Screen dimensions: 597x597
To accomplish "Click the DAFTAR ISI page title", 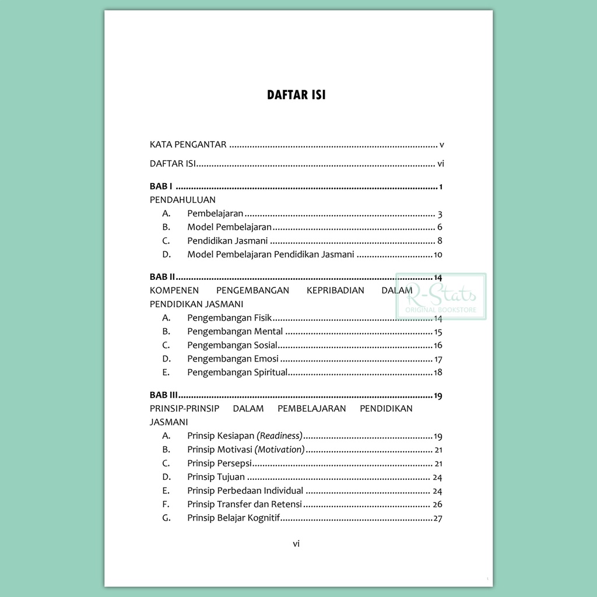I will pos(296,95).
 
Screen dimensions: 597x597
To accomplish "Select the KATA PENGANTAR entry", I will pos(188,145).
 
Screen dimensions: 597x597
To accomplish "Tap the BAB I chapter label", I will pos(161,187).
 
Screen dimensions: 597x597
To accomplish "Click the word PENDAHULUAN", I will pos(182,200).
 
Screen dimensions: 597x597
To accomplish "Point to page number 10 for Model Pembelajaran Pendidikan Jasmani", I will pos(438,255).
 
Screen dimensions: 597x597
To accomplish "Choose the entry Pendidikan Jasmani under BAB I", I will pos(227,241).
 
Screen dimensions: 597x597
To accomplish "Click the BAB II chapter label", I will pos(162,277).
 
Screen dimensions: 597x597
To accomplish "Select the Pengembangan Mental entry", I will pos(235,332).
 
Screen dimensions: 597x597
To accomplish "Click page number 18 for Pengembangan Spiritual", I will pos(438,373).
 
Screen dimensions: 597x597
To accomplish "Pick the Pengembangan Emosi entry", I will pos(233,359).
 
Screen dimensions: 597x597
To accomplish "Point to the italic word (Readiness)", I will pos(280,436).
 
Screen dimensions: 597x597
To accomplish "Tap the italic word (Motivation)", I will pos(282,449).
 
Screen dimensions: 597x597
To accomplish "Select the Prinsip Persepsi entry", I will pos(219,463).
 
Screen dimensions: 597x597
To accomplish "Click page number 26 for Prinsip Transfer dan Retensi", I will pos(437,504).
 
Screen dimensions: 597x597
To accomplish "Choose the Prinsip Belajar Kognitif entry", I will pos(234,518).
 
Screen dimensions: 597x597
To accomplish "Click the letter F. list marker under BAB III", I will pos(166,504).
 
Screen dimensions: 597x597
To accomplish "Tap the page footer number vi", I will pos(296,544).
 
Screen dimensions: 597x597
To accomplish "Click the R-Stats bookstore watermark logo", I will pos(441,296).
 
